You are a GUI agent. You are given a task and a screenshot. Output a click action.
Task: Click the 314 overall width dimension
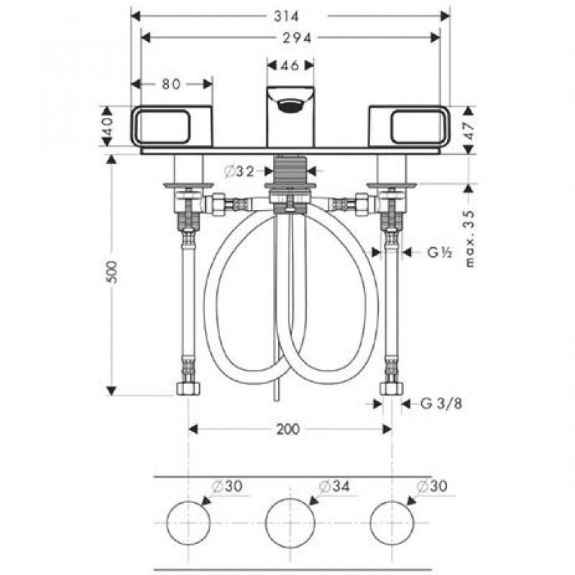tap(286, 16)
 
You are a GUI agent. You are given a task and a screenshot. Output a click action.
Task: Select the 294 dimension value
tap(297, 38)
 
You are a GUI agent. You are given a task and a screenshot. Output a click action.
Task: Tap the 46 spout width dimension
tap(290, 65)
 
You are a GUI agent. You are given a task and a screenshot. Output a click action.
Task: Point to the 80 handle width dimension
tap(171, 84)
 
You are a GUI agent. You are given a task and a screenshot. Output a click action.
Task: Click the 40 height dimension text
tap(107, 126)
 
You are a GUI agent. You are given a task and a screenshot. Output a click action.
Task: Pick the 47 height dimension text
tap(469, 130)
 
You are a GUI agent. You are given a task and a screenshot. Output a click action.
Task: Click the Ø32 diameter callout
tap(239, 171)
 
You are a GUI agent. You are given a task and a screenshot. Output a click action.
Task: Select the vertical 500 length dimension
tap(112, 272)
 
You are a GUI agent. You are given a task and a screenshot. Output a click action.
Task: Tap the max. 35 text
tap(470, 239)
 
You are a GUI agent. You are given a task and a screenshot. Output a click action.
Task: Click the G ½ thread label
tap(440, 252)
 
